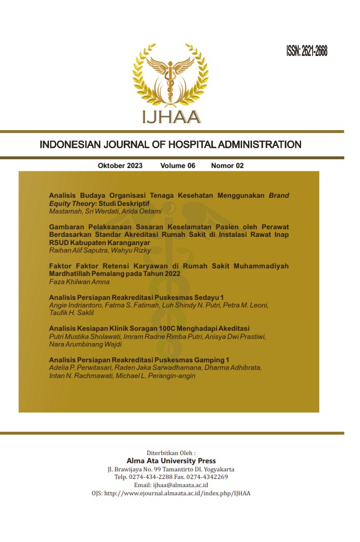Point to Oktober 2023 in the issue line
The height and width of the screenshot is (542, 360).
coord(120,166)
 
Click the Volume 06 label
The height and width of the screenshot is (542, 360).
coord(177,166)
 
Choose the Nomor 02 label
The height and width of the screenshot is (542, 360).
coord(227,166)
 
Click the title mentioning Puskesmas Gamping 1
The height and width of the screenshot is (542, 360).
coord(139,360)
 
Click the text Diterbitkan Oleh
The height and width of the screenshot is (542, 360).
coord(170,452)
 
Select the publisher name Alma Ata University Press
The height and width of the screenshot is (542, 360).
coord(171,460)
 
